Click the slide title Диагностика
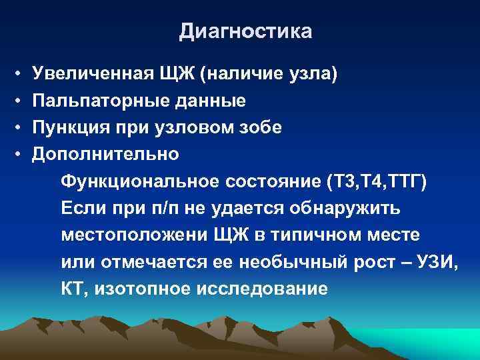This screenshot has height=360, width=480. click(x=245, y=32)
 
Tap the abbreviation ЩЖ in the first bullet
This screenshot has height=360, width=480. click(x=177, y=74)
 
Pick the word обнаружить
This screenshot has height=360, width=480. click(x=345, y=209)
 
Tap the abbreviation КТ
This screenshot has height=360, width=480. click(x=71, y=289)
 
